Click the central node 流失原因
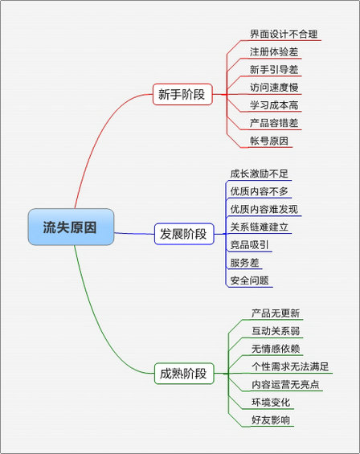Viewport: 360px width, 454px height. tap(71, 227)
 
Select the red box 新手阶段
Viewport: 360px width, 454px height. tap(182, 94)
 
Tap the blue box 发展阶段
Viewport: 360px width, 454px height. tap(184, 234)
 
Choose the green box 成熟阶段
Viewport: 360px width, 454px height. tap(184, 374)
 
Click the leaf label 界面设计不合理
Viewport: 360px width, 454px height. tap(284, 35)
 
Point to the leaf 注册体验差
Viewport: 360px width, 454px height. tap(274, 51)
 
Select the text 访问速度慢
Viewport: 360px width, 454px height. tap(274, 87)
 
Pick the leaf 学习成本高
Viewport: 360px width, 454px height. tap(274, 105)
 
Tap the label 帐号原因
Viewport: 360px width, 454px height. tap(269, 141)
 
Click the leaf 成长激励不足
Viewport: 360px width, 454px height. tap(260, 174)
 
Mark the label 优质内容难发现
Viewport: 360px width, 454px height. tap(264, 209)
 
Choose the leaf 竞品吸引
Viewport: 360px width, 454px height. tap(249, 245)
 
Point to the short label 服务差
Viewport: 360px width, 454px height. tap(244, 263)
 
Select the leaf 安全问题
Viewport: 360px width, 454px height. tap(249, 280)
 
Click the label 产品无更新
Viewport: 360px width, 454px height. tap(276, 313)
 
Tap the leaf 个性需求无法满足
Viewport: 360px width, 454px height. tap(290, 366)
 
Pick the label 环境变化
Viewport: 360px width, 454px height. tap(271, 403)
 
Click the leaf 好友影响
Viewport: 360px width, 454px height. tap(271, 419)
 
